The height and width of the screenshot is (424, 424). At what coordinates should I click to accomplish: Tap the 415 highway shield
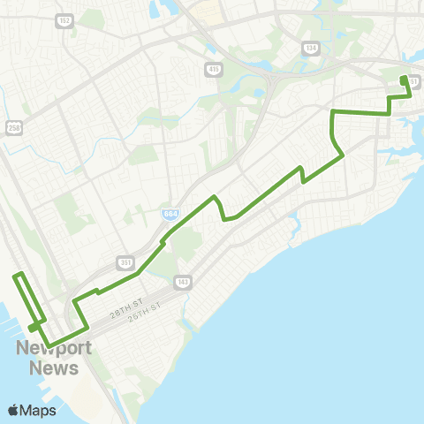click(x=215, y=69)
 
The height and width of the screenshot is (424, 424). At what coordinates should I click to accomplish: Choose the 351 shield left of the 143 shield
click(x=125, y=263)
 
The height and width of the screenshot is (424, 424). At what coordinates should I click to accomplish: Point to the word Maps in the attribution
click(x=39, y=410)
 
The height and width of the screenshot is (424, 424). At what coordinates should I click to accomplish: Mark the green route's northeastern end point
click(x=404, y=79)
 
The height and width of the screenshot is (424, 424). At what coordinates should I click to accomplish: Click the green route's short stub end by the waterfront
click(x=31, y=329)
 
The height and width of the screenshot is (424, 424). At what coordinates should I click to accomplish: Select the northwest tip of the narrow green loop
click(x=16, y=277)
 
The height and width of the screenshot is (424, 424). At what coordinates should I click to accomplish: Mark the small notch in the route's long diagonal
click(x=303, y=177)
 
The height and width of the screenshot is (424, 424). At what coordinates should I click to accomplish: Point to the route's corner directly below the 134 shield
click(x=332, y=111)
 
